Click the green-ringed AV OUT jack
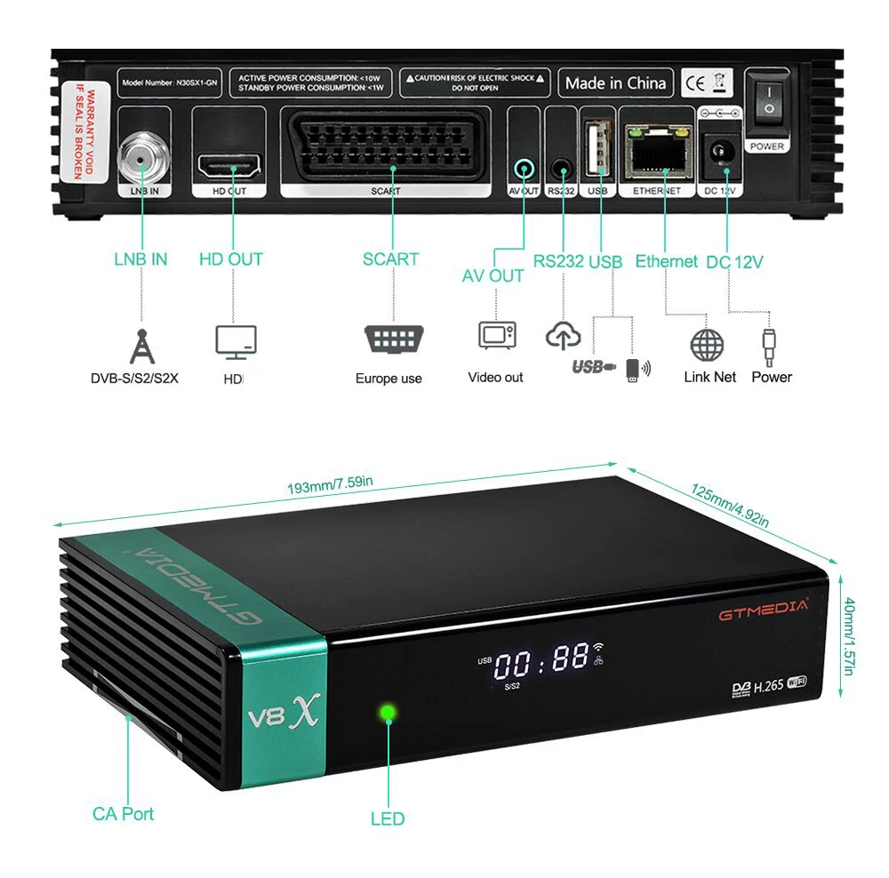tap(525, 166)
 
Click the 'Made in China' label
tap(615, 84)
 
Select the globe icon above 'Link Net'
tap(708, 345)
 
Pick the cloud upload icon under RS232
tap(563, 337)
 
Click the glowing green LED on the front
tap(387, 713)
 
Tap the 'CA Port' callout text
tap(123, 813)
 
